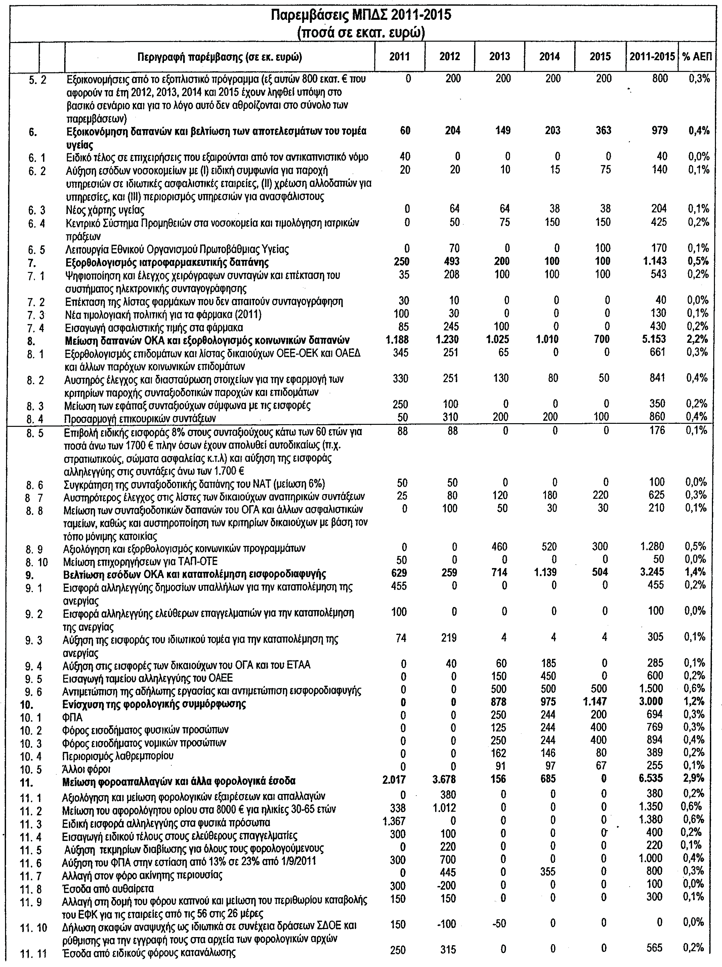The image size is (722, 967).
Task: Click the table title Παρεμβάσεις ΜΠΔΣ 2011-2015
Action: pos(360,16)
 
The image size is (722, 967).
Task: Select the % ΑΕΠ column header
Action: pos(697,57)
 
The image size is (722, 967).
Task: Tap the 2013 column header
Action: pos(500,57)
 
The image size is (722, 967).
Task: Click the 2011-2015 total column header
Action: pos(651,57)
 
